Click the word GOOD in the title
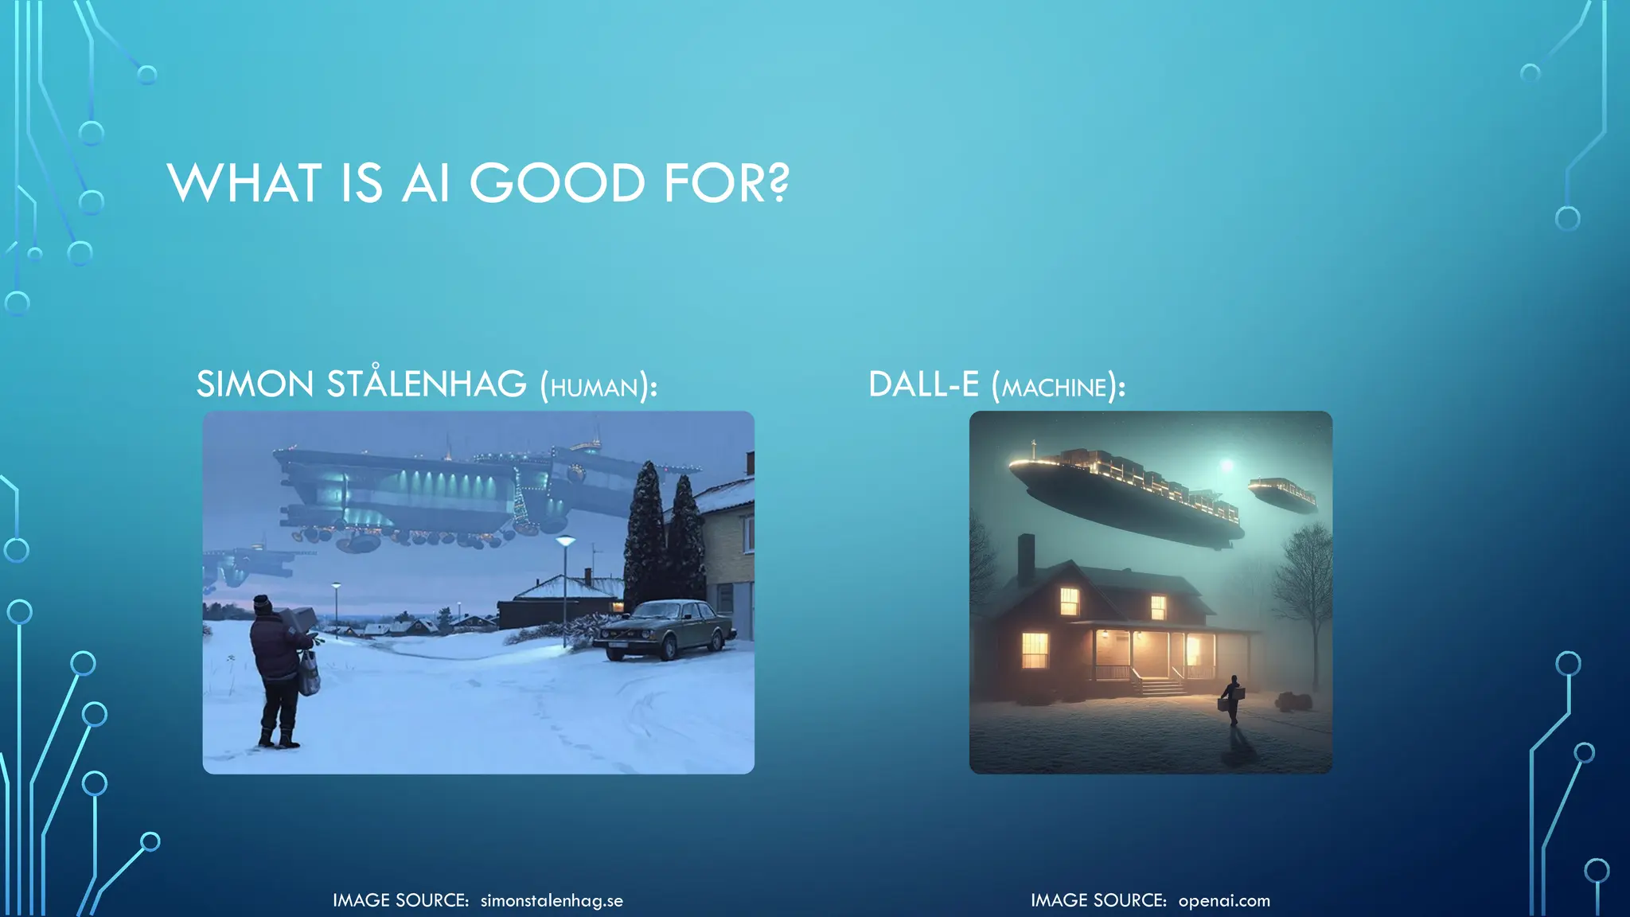coord(556,183)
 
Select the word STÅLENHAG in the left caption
coord(426,384)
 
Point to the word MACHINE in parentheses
coord(1054,388)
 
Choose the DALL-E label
coord(923,384)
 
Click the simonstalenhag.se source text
coord(552,900)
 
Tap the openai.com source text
coord(1224,900)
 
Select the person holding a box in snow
coord(279,669)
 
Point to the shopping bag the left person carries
coord(309,673)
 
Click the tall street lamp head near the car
coord(565,541)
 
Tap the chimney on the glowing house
coord(1026,557)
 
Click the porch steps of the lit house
coord(1160,686)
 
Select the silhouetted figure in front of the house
coord(1232,699)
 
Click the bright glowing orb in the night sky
coord(1226,464)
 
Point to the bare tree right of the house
coord(1304,581)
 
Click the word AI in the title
coord(426,183)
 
